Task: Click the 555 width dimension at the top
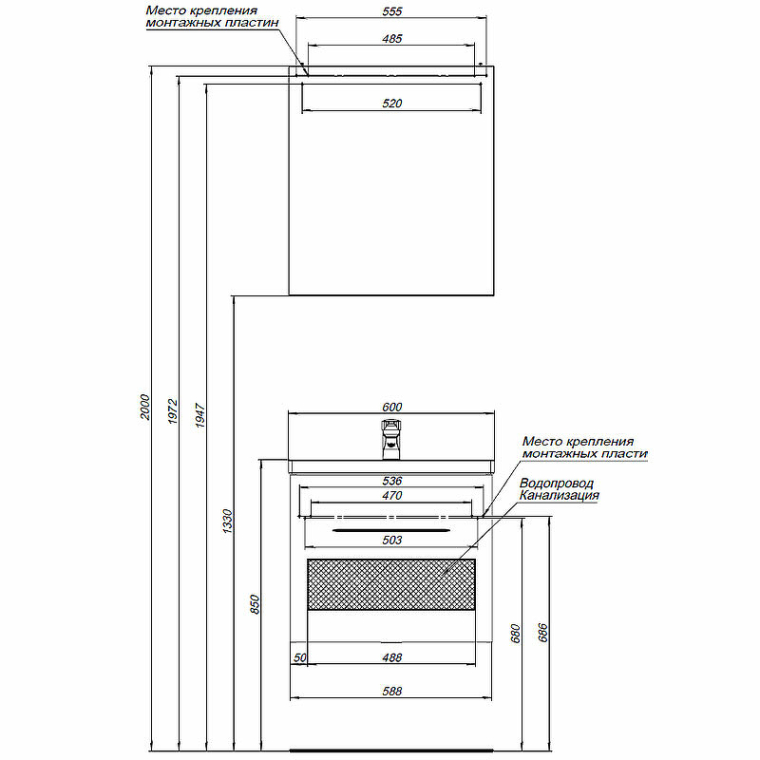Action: pos(391,11)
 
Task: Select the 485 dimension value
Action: pos(391,38)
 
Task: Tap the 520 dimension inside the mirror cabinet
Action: pos(391,103)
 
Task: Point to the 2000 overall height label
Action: pos(145,408)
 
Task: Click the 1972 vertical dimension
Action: pos(173,411)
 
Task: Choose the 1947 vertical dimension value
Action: pos(199,415)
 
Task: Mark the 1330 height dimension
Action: pos(227,521)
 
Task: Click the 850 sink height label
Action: pos(255,604)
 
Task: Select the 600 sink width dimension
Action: pos(391,407)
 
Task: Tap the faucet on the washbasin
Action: pos(391,439)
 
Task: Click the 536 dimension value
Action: pos(391,481)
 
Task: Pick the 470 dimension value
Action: pos(391,495)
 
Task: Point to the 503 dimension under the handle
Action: pos(391,540)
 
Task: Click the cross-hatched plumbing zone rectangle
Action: pos(391,584)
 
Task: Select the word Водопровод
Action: pos(556,484)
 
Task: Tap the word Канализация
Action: pos(559,495)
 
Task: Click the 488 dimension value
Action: pos(391,657)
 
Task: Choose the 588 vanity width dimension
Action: pos(391,691)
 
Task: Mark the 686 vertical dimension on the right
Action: pos(542,633)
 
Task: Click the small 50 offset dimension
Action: pos(299,657)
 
